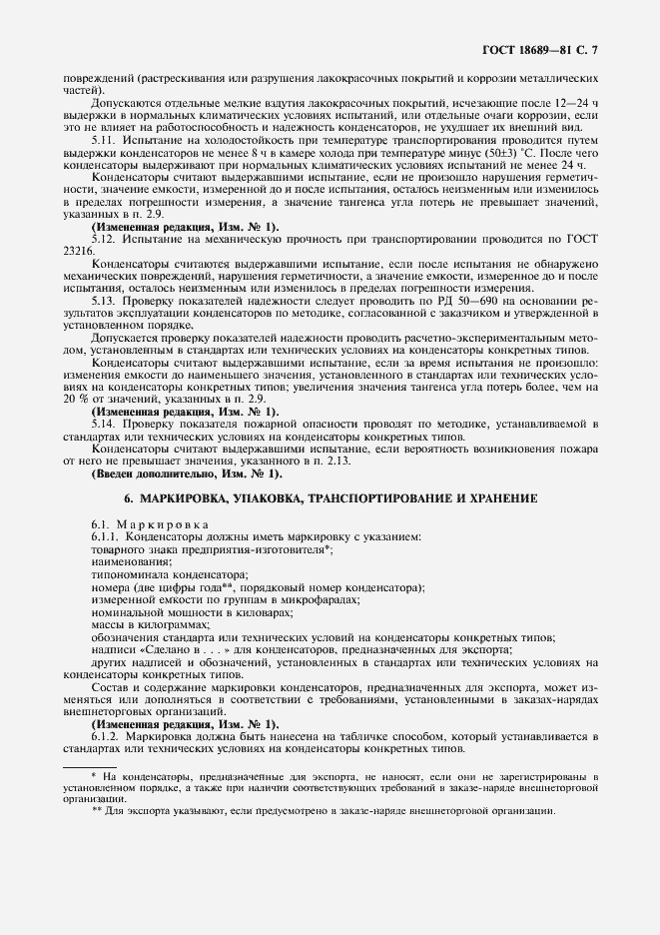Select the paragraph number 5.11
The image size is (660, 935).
point(104,140)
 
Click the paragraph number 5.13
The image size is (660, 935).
point(104,300)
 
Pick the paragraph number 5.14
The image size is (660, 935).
point(104,424)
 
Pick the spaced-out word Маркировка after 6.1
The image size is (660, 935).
point(162,523)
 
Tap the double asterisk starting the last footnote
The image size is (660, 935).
point(97,810)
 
